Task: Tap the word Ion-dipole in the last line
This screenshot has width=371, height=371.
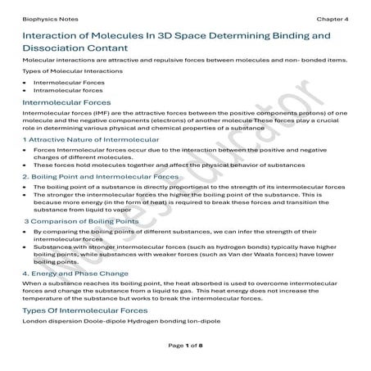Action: tap(204, 320)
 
